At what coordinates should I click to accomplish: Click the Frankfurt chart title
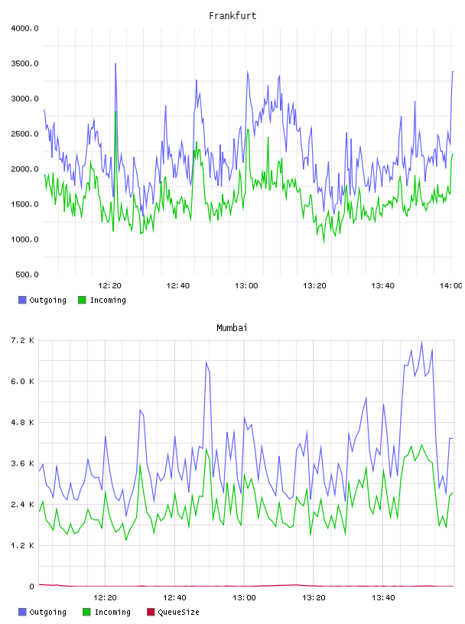coord(232,16)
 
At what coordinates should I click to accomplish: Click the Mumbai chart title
coord(232,328)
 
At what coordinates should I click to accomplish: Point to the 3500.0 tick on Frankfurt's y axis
coord(25,63)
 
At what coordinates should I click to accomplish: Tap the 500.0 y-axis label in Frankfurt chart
coord(27,275)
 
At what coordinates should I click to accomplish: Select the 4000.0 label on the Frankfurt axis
coord(25,28)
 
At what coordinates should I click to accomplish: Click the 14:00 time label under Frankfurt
coord(451,286)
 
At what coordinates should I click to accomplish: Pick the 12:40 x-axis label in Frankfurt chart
coord(178,286)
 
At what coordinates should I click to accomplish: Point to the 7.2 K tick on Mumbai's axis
coord(23,340)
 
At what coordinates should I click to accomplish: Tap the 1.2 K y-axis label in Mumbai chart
coord(23,545)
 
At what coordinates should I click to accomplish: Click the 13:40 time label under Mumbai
coord(383,598)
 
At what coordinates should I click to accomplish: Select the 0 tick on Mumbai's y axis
coord(32,587)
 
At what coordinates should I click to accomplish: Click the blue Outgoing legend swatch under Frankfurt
coord(22,300)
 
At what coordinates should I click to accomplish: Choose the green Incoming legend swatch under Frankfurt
coord(82,300)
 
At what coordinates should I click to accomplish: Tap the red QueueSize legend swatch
coord(151,612)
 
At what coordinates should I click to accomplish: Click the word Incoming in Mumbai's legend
coord(112,612)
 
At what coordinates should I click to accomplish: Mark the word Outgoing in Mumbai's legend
coord(47,612)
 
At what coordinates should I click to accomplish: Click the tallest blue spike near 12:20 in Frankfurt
coord(115,63)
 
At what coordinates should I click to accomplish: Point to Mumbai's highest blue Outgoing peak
coord(421,342)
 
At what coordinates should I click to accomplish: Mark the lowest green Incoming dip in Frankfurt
coord(324,242)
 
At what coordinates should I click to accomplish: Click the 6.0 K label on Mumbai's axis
coord(23,382)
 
